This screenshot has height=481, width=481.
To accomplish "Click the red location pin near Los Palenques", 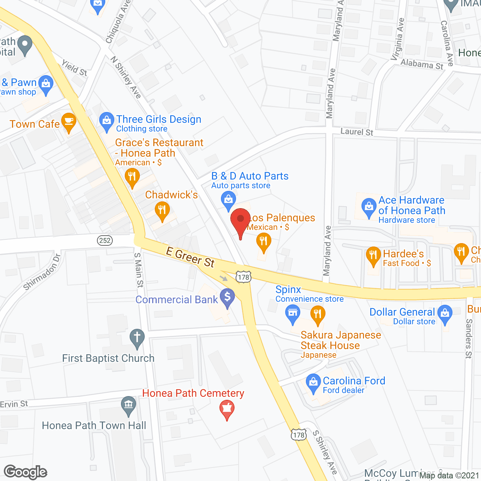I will click(x=240, y=219).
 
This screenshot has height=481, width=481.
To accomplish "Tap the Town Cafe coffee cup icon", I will click(x=68, y=122).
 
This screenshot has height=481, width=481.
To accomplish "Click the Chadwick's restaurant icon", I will click(x=162, y=210).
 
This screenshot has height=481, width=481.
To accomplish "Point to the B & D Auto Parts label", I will click(x=250, y=176).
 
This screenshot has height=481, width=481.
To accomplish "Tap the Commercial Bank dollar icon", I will click(x=227, y=297).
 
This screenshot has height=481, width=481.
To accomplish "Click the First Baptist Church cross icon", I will click(x=137, y=337).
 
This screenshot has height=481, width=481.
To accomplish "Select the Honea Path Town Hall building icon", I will click(x=129, y=405).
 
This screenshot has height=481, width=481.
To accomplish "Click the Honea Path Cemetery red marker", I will click(x=227, y=408).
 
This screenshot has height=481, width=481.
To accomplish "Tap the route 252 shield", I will click(x=105, y=240).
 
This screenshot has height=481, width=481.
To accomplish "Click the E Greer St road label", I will click(x=190, y=257).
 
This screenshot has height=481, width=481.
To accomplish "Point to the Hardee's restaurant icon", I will click(x=373, y=255).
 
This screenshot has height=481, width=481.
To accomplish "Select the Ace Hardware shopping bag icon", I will click(x=369, y=206).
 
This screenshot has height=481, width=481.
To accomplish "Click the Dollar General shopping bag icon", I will click(x=445, y=313).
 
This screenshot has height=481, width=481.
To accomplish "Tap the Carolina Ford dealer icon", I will click(x=313, y=382).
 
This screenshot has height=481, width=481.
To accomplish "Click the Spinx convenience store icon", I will click(x=292, y=313).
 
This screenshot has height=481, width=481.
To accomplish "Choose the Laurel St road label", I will click(x=357, y=132).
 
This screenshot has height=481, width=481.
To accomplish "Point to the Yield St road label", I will click(x=74, y=68).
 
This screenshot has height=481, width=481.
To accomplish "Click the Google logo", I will click(x=26, y=472).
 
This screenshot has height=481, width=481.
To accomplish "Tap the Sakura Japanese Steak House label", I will click(x=340, y=340).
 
